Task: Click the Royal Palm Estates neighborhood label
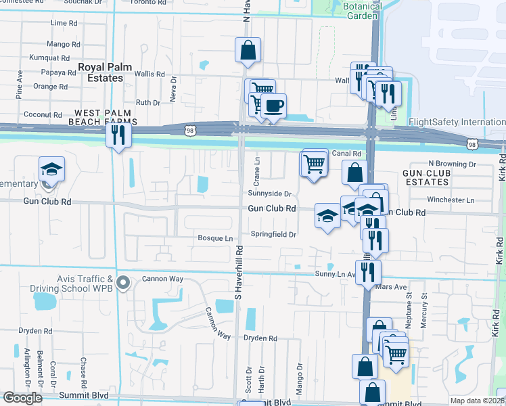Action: pos(100,72)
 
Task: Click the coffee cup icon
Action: pos(274,106)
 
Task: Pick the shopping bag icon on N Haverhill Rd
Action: pos(248,49)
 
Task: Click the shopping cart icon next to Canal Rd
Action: pos(313,163)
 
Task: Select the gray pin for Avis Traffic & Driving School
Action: pos(122,282)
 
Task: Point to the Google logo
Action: pos(22,398)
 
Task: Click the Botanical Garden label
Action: pos(362,11)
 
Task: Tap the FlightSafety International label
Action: pos(457,122)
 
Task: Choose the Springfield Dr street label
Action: pos(274,234)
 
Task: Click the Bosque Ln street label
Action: pos(214,238)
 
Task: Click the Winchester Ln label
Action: pos(451,200)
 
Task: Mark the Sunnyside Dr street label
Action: pos(273,194)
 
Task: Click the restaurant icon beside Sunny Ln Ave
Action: pos(368,271)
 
